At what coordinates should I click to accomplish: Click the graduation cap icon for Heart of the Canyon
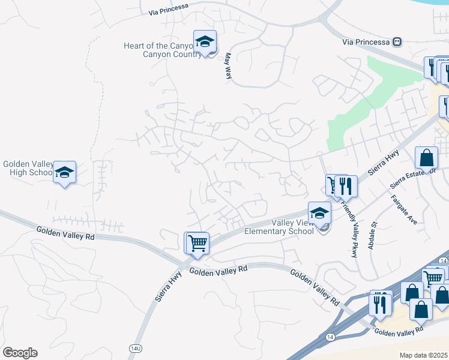tap(205, 42)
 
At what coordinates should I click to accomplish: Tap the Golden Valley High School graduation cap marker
tap(64, 172)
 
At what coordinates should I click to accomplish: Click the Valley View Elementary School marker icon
tap(320, 213)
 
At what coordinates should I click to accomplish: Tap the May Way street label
tap(228, 66)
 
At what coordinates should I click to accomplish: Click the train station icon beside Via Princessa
tap(396, 42)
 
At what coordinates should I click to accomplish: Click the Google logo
tap(20, 353)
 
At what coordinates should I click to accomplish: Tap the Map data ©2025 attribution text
tap(423, 355)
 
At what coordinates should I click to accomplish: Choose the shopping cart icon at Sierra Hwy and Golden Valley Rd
tap(197, 243)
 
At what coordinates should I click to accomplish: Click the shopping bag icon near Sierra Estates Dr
tap(426, 158)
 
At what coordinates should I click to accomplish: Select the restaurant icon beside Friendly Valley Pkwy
tap(346, 186)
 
